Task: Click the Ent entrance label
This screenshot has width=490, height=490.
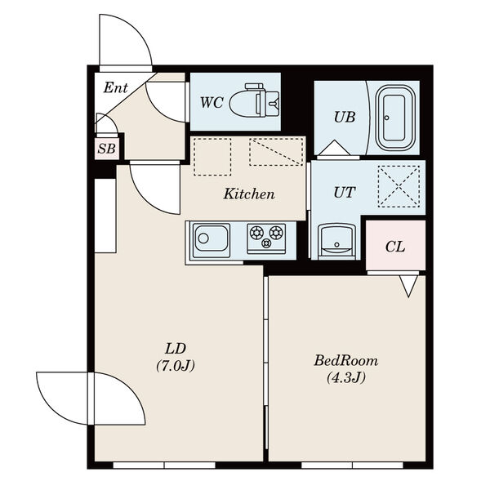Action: tap(116, 88)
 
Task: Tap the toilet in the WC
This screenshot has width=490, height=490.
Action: tap(254, 100)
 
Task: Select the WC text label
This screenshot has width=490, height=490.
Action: tap(212, 102)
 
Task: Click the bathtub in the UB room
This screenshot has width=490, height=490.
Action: tap(395, 118)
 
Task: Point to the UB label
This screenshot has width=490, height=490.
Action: tap(345, 117)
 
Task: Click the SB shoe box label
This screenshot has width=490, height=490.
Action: tap(106, 149)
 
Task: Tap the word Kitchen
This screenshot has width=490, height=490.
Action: tap(249, 194)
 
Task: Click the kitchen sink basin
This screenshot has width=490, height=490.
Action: tap(212, 239)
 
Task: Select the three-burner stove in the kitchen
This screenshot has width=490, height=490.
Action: tap(266, 238)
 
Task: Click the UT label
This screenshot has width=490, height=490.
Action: tap(345, 193)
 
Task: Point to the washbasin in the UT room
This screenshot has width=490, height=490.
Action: tap(336, 241)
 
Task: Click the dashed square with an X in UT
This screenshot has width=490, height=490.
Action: tap(399, 186)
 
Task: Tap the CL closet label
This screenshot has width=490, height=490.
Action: tap(395, 247)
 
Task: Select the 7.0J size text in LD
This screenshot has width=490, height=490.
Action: tap(176, 366)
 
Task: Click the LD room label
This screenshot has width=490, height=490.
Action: tap(176, 349)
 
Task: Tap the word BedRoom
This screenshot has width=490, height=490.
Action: tap(346, 361)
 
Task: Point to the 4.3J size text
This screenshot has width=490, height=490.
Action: tap(346, 378)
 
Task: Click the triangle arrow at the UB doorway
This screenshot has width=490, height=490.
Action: tap(334, 147)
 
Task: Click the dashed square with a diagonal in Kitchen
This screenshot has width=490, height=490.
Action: tap(276, 152)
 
